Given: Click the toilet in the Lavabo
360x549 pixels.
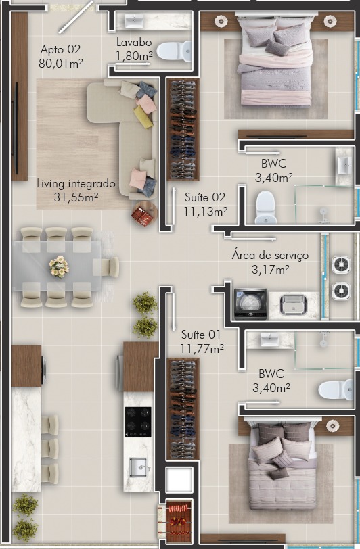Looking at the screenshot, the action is coord(174,51).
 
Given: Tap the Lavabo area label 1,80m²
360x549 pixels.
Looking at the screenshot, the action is coord(134,56).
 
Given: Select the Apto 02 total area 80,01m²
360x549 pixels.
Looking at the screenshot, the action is coord(61,64).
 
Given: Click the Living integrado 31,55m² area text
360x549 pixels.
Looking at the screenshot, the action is coord(76,190).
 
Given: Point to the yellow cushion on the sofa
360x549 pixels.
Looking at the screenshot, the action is coord(143,116).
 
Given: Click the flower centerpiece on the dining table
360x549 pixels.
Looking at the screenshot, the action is coord(59,266).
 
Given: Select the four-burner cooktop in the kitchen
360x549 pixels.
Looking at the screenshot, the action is coord(138,422).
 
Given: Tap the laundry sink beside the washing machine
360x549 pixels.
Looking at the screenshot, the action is coord(293,304).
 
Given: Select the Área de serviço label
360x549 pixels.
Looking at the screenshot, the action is coord(270,256).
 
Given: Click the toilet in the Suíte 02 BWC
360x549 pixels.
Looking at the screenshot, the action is coord(266,208).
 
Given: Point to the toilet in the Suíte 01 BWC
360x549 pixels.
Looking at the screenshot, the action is coord(336,389).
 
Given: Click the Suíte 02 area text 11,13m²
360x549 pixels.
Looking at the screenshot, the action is coord(206,212).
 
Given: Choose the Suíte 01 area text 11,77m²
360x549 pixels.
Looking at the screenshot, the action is coord(202,349).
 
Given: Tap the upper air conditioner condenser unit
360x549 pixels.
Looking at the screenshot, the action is coord(341,265).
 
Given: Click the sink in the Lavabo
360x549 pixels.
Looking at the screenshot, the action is coord(134,22).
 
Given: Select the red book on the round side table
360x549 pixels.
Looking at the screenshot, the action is coord(142,216).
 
